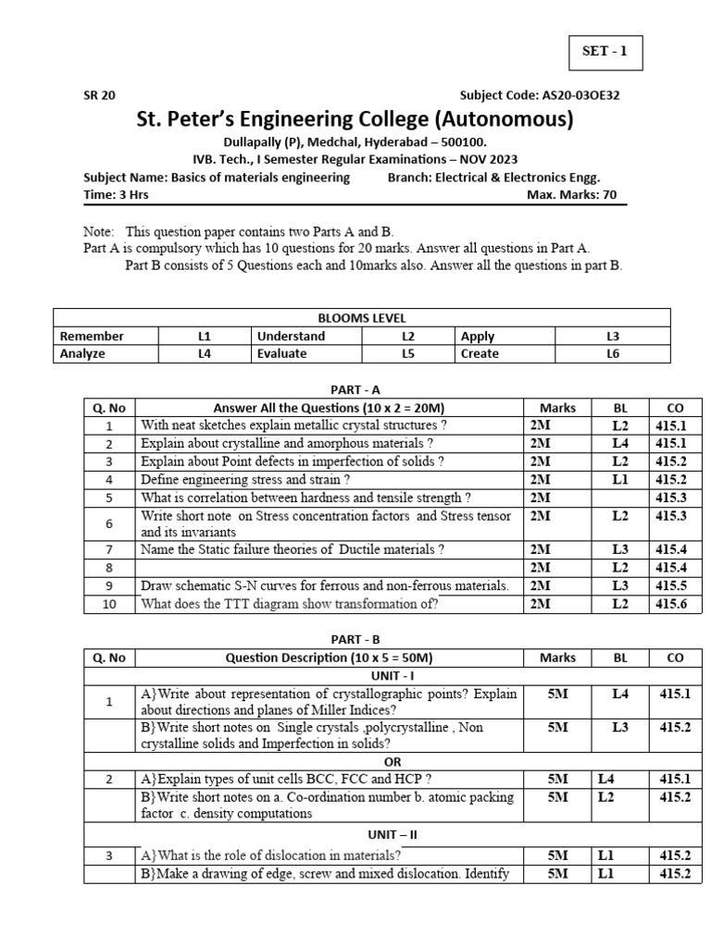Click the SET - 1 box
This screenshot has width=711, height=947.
click(x=605, y=53)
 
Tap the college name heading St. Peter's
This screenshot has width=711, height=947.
click(x=355, y=119)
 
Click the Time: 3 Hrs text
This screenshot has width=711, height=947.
click(x=116, y=195)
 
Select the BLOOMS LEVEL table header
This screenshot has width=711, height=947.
click(x=361, y=318)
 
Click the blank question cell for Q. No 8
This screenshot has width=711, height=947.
click(x=329, y=568)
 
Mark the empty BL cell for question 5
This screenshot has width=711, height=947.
click(x=620, y=497)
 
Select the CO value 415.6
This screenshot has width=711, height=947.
click(x=675, y=604)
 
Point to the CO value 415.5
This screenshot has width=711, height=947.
click(x=675, y=585)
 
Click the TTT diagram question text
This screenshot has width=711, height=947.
click(x=290, y=604)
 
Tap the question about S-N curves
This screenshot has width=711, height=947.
click(x=325, y=585)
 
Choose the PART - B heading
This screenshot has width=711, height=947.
click(x=355, y=639)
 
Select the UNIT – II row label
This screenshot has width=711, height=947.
click(x=393, y=834)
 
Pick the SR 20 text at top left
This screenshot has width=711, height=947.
click(x=100, y=95)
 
